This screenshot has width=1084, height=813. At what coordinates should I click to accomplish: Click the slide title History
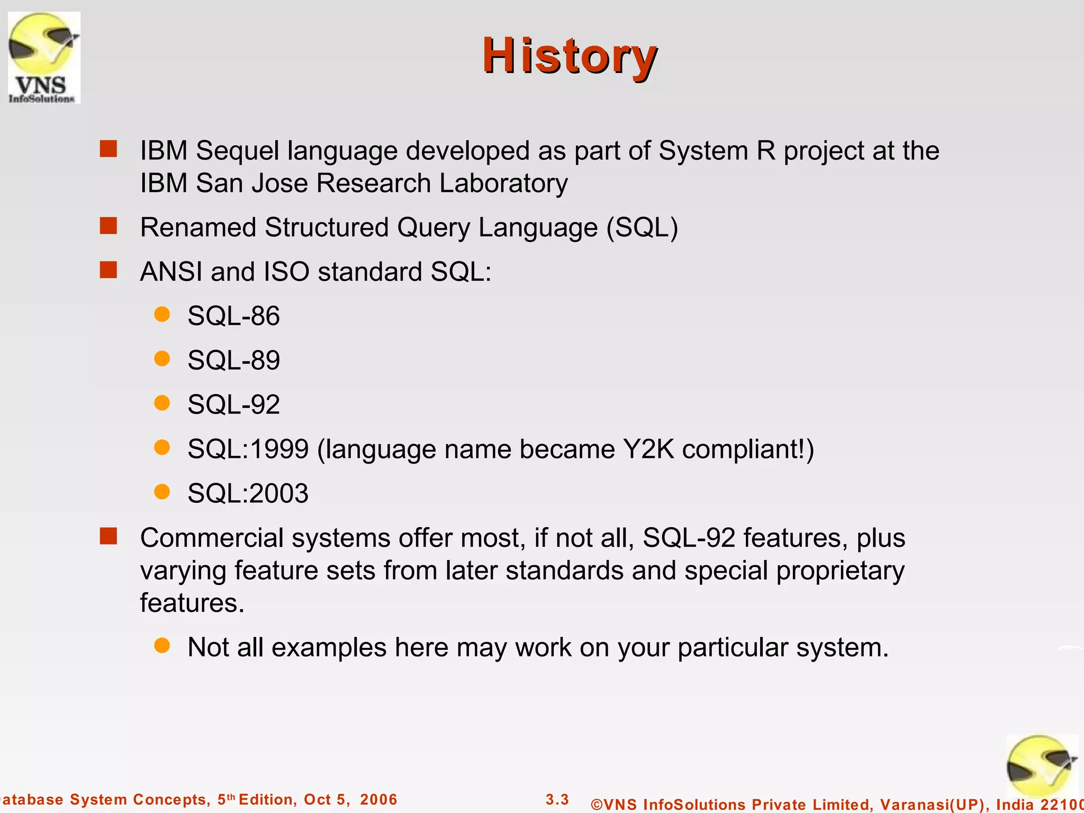[570, 56]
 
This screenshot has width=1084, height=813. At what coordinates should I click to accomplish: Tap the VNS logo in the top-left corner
[44, 57]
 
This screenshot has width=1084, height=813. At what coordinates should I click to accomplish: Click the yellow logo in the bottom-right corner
[1041, 765]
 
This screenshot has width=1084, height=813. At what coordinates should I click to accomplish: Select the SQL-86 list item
[233, 316]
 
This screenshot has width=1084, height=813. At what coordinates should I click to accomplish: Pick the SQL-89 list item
[233, 360]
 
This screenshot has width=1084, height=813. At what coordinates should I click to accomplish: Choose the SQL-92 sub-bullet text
[233, 405]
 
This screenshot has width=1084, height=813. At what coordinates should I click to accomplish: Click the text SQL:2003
[248, 493]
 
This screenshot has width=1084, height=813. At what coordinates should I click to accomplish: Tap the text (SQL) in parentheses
[642, 228]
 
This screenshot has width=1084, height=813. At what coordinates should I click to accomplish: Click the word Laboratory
[503, 184]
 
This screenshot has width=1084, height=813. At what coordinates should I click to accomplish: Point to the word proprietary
[840, 571]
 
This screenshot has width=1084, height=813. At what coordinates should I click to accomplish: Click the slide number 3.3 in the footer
[557, 799]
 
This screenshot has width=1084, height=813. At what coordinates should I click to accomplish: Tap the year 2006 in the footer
[378, 799]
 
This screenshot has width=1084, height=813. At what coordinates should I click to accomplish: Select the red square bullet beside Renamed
[109, 226]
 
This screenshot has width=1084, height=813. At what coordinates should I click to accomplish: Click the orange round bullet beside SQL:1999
[162, 448]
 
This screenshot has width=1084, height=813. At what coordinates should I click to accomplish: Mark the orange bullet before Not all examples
[162, 646]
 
